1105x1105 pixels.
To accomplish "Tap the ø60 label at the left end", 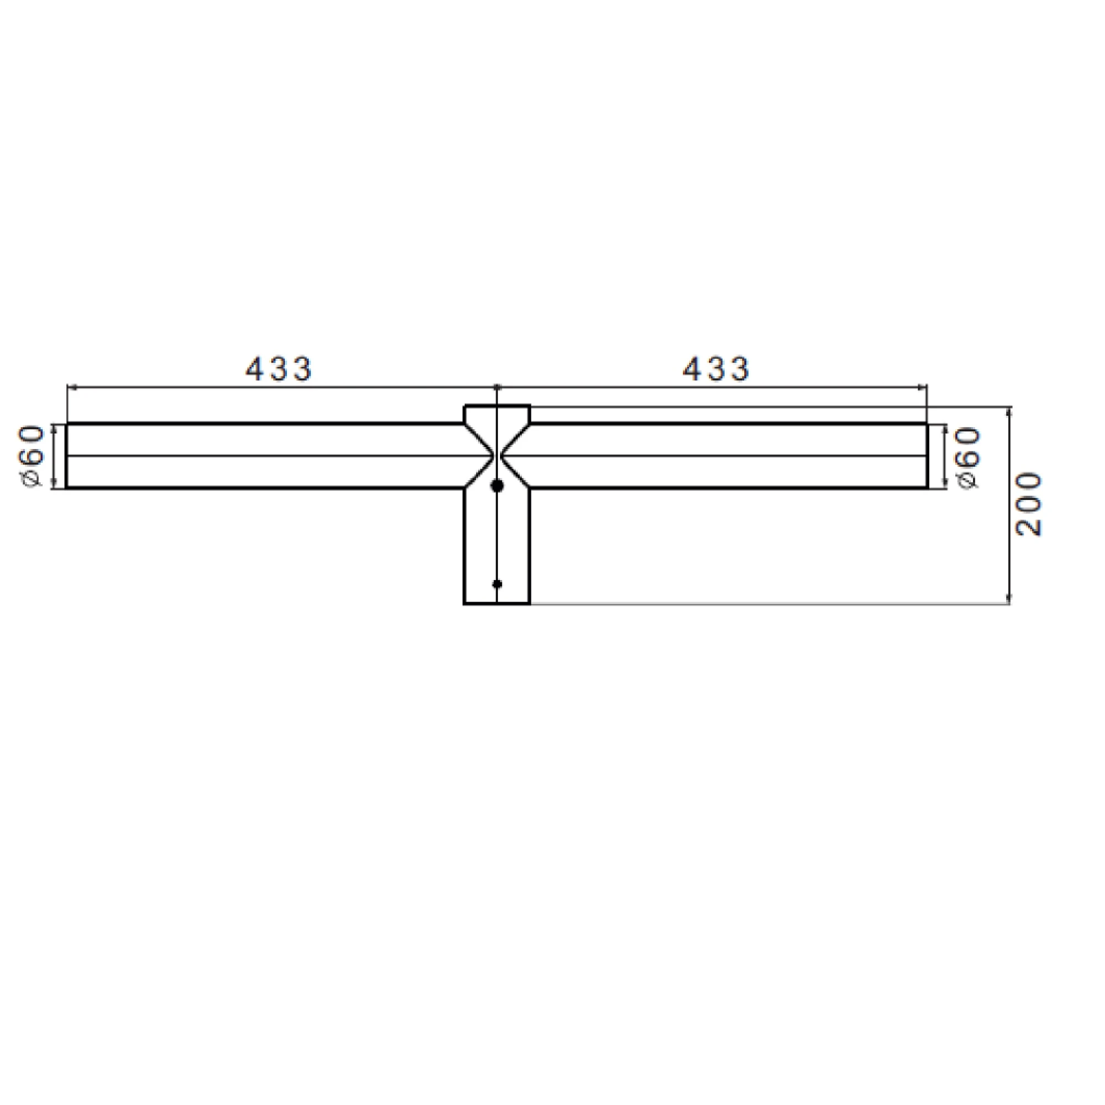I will pyautogui.click(x=33, y=456).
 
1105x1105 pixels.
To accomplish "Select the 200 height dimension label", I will pyautogui.click(x=1028, y=504).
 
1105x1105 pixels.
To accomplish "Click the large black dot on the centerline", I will pyautogui.click(x=497, y=486).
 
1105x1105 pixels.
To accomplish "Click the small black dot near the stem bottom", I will pyautogui.click(x=497, y=584).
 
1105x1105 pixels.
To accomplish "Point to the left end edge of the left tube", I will pyautogui.click(x=67, y=456).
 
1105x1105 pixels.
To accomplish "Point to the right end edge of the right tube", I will pyautogui.click(x=927, y=456).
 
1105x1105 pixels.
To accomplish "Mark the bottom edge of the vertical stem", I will pyautogui.click(x=497, y=603).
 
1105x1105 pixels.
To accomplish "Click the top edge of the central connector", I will pyautogui.click(x=497, y=406).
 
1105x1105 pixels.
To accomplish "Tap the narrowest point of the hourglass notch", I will pyautogui.click(x=497, y=456).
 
